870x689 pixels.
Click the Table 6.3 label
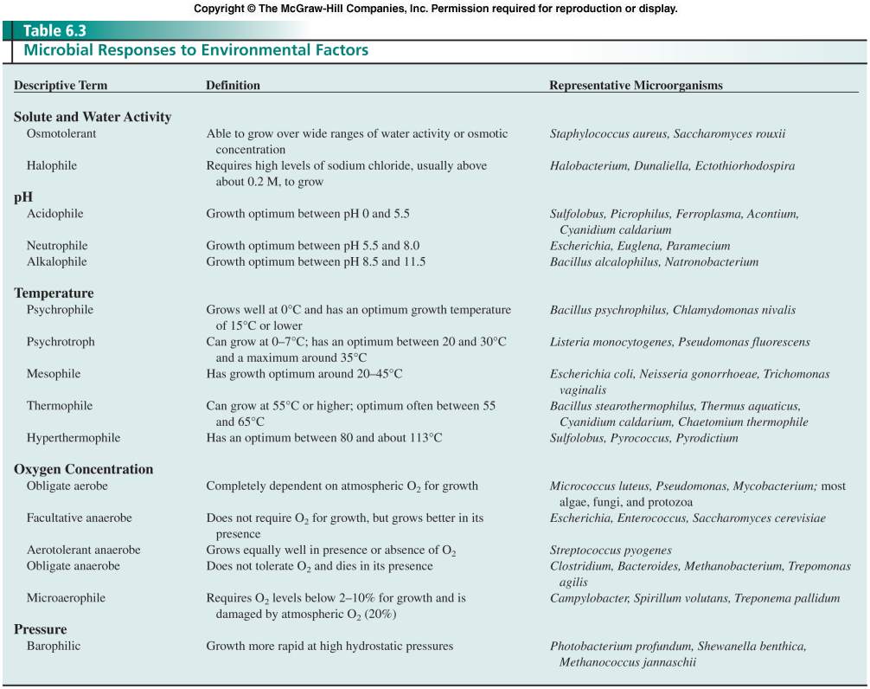[x=54, y=31]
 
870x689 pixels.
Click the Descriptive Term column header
[x=61, y=86]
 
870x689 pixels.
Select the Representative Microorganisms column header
[x=636, y=86]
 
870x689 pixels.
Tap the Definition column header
[x=233, y=86]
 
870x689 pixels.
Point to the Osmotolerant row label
[x=61, y=134]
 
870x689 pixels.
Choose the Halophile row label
[x=52, y=165]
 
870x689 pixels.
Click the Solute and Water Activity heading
[x=93, y=117]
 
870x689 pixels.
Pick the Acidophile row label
[x=54, y=213]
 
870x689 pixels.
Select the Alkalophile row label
[x=56, y=261]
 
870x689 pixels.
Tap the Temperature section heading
[x=54, y=293]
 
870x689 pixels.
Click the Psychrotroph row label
[x=61, y=342]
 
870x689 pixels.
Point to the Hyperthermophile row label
[x=74, y=438]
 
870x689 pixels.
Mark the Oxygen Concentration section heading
[x=83, y=469]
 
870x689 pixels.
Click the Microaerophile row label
[x=66, y=598]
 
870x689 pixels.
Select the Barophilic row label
[x=54, y=646]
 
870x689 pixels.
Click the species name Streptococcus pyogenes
[x=611, y=551]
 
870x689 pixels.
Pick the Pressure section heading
[x=40, y=629]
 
